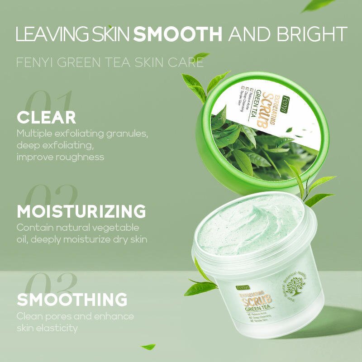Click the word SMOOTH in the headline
pyautogui.click(x=178, y=34)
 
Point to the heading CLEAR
pyautogui.click(x=47, y=118)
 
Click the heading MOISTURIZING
pyautogui.click(x=81, y=211)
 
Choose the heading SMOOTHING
pyautogui.click(x=72, y=300)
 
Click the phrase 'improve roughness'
pyautogui.click(x=60, y=157)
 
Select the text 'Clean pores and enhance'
pyautogui.click(x=75, y=316)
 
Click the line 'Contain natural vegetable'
pyautogui.click(x=78, y=227)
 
